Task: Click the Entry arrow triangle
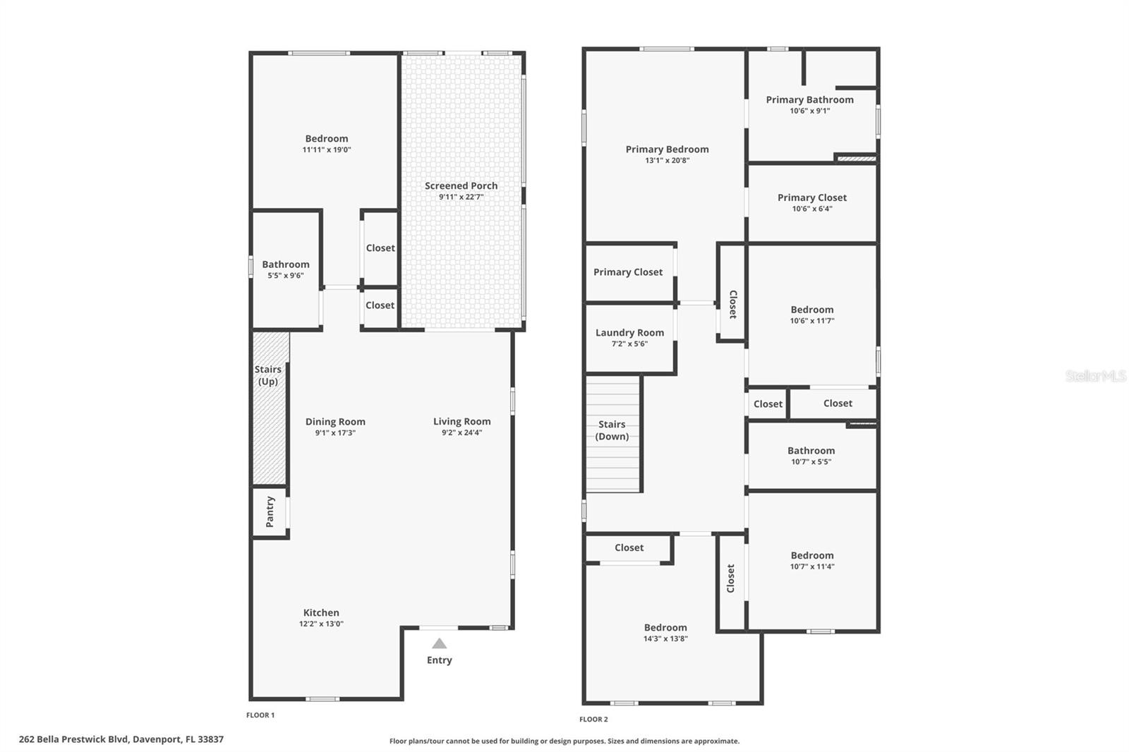[439, 643]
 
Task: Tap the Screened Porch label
[461, 186]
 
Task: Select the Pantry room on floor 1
[270, 512]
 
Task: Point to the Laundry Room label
[629, 332]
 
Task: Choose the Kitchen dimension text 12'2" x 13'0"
[321, 624]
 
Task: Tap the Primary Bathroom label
[809, 99]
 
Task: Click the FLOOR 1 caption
[260, 715]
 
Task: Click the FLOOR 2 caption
[593, 719]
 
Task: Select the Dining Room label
[335, 421]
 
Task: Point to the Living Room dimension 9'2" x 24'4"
[461, 432]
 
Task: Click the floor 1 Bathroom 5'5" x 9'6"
[286, 269]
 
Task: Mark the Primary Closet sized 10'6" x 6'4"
[811, 202]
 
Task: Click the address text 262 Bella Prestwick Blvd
[121, 739]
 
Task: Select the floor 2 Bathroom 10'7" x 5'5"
[811, 455]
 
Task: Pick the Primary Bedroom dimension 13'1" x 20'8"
[667, 160]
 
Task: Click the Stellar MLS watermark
[1095, 376]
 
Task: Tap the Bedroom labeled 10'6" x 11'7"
[811, 314]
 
